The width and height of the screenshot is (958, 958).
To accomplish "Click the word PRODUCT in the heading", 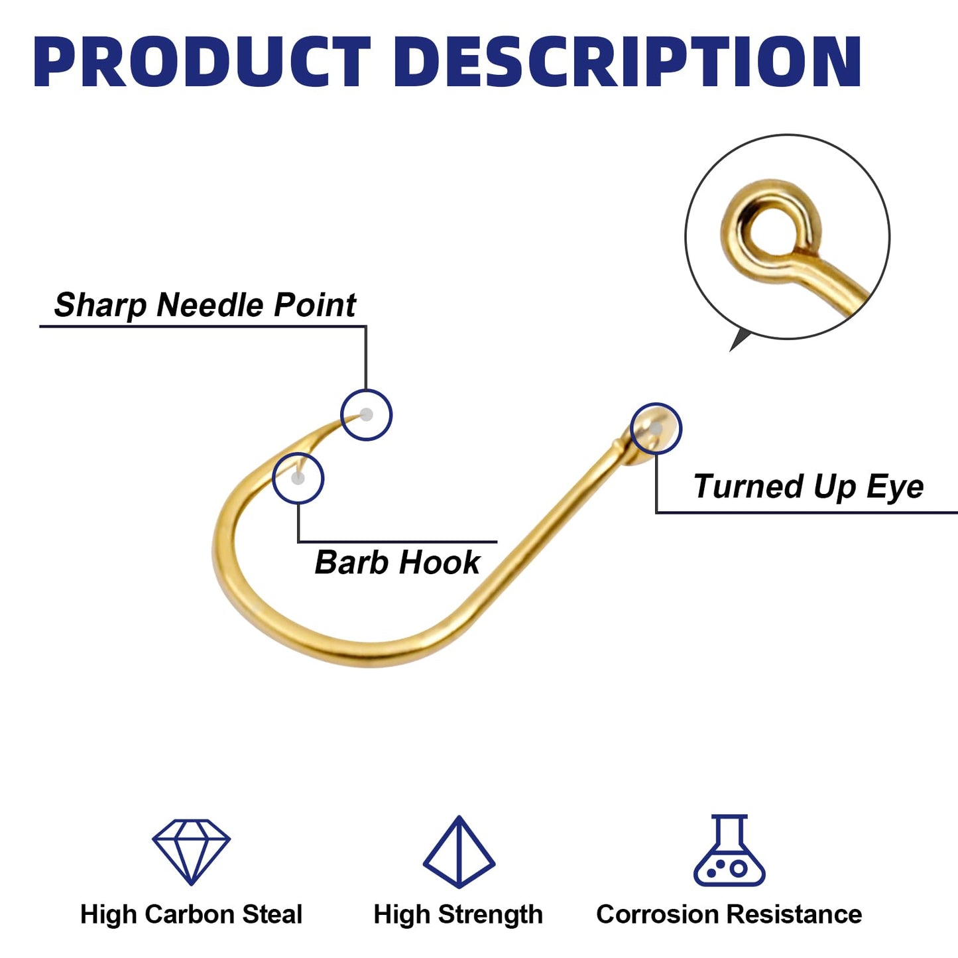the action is click(202, 62).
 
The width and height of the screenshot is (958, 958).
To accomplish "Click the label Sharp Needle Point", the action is click(205, 304).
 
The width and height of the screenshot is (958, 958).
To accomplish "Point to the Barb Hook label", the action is click(397, 562).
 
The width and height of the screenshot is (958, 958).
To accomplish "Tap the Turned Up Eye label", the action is click(808, 486).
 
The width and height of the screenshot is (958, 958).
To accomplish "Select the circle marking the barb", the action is click(298, 453).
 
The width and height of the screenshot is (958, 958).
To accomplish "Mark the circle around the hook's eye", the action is click(656, 403).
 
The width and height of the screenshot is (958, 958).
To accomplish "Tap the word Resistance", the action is click(794, 914).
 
